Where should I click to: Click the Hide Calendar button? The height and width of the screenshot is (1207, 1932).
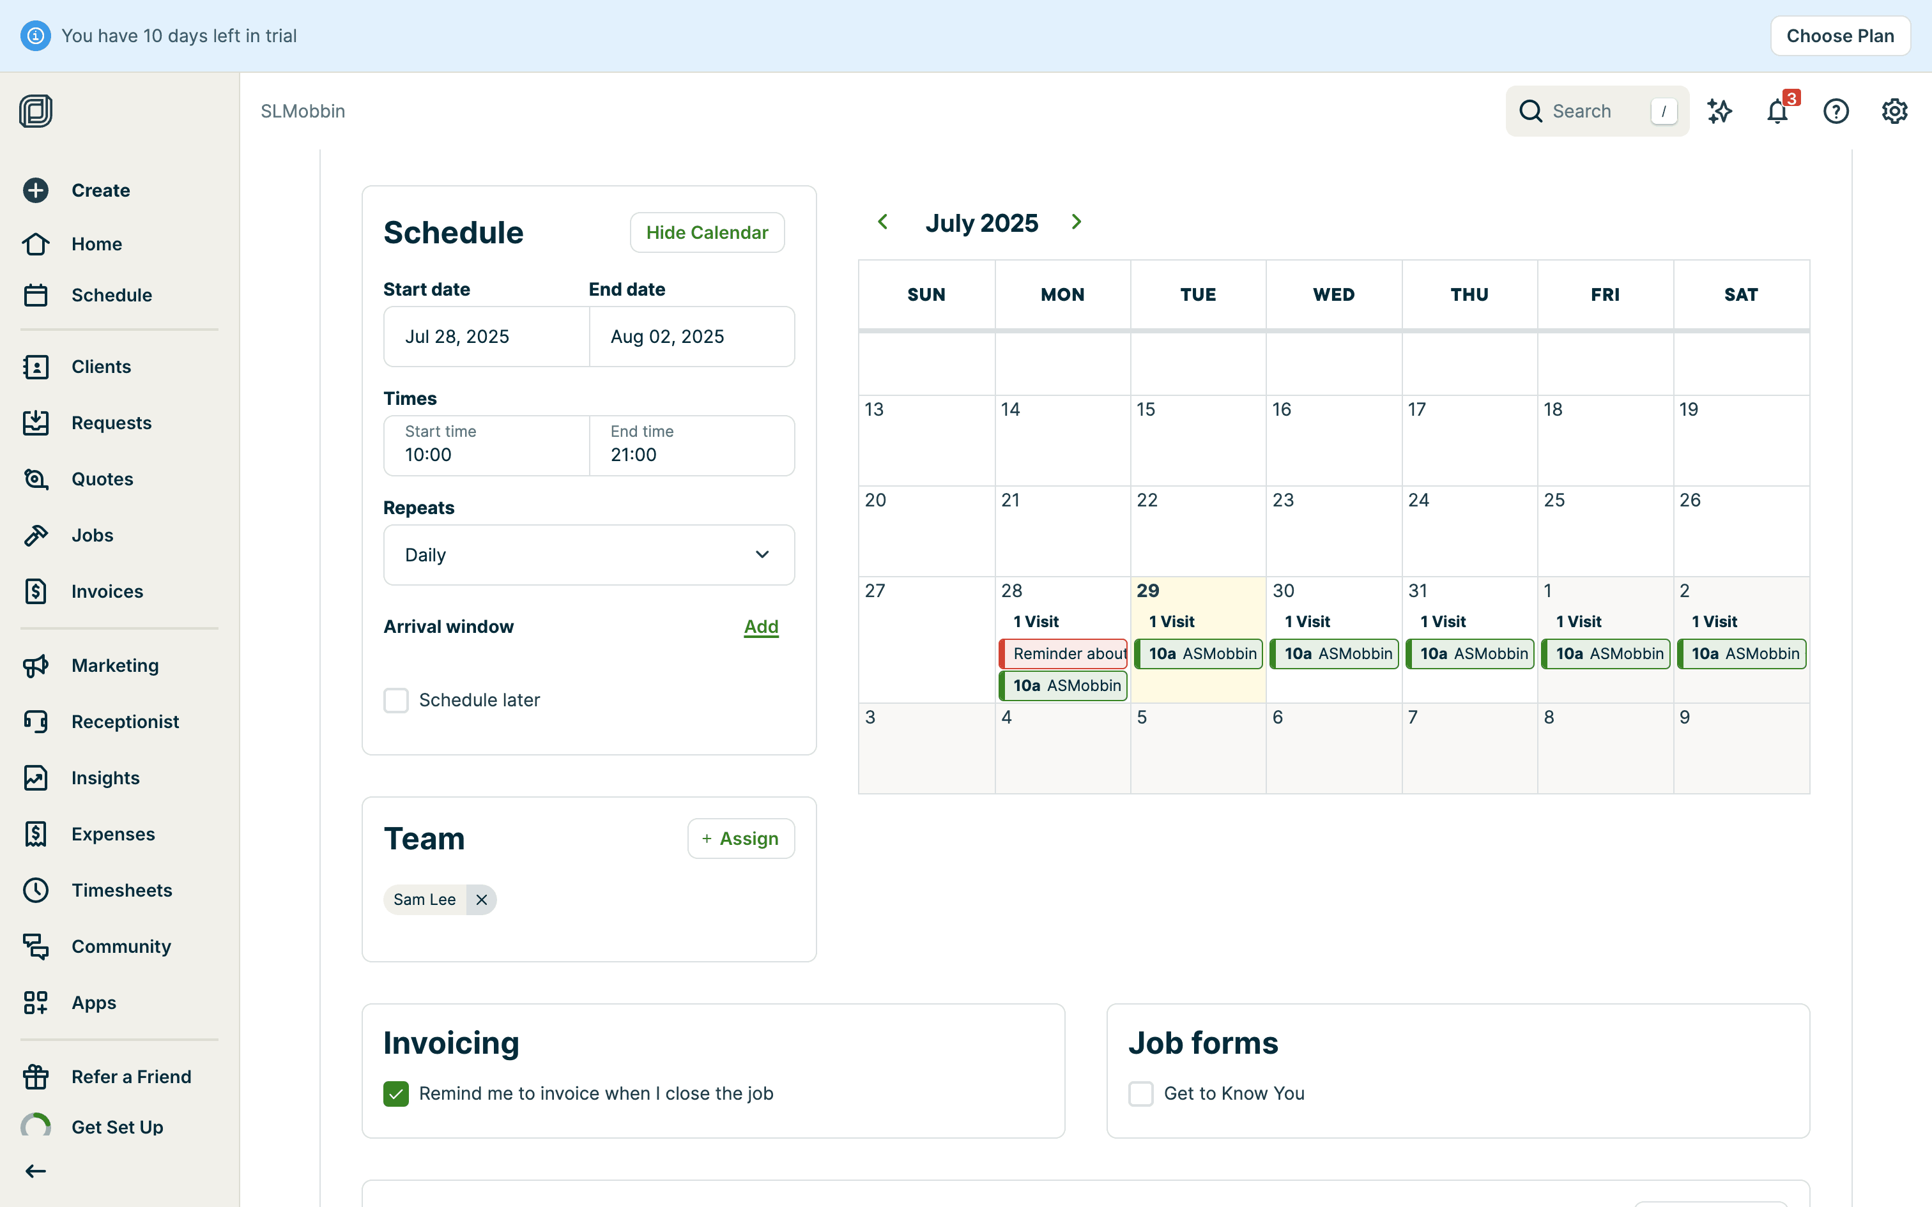tap(707, 232)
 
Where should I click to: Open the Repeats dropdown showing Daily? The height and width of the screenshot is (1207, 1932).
tap(588, 555)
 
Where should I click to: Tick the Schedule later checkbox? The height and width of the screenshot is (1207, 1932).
tap(396, 700)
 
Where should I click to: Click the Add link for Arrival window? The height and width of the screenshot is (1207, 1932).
tap(761, 626)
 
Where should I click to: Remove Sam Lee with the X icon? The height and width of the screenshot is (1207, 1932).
tap(482, 900)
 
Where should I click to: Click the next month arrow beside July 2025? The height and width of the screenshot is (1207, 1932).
tap(1076, 222)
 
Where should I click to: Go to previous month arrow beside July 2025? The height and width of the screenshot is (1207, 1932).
tap(883, 222)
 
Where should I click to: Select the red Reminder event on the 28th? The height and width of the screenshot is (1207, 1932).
tap(1063, 654)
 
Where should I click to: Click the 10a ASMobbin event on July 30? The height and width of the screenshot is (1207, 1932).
tap(1334, 654)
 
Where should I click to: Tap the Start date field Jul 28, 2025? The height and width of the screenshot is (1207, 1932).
tap(486, 337)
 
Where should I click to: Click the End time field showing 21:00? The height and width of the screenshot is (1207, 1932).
tap(691, 446)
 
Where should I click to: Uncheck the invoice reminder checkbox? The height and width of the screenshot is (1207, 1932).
tap(396, 1093)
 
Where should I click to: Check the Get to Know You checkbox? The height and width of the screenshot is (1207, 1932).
tap(1141, 1093)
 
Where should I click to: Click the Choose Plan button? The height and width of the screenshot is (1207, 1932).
tap(1839, 36)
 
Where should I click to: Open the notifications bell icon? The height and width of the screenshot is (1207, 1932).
tap(1777, 111)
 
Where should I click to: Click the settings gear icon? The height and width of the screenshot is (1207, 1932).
tap(1894, 111)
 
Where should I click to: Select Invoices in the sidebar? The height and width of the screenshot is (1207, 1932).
tap(107, 591)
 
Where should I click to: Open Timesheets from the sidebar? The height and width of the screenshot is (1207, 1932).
tap(121, 890)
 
